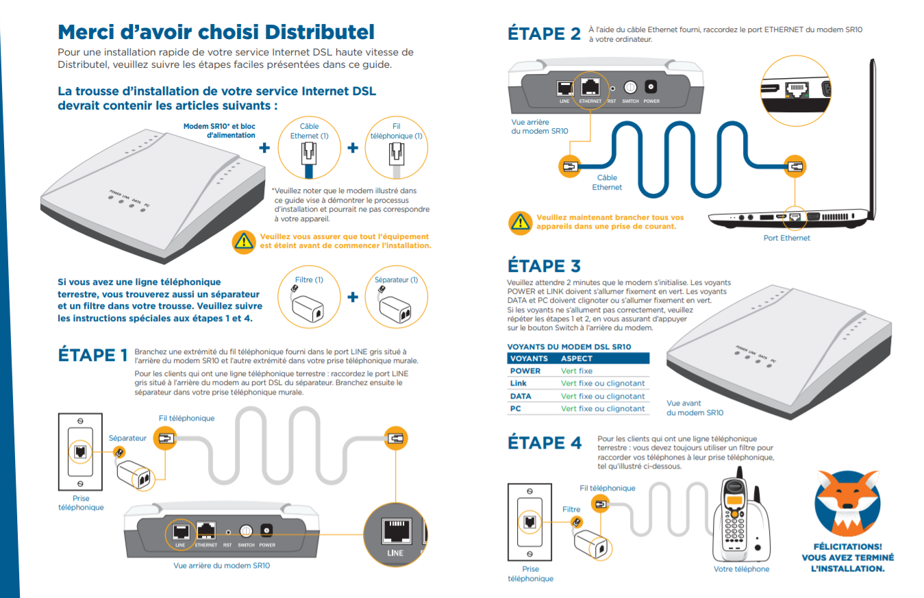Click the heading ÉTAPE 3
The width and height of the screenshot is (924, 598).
[x=545, y=266]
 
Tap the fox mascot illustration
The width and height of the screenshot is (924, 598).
[x=847, y=502]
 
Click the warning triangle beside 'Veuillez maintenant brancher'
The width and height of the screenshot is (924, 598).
[x=521, y=222]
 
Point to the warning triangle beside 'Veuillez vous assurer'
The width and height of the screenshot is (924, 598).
[x=243, y=240]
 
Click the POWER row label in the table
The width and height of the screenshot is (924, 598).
[x=525, y=371]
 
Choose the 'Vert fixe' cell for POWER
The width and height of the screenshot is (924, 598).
[x=576, y=371]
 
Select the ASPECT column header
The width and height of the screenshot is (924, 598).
[x=577, y=358]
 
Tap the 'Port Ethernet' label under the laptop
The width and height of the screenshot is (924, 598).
[x=786, y=238]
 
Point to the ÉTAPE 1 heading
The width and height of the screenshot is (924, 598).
[x=93, y=355]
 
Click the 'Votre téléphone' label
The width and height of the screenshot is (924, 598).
[x=741, y=569]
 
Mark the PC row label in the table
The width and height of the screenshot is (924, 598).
[x=515, y=408]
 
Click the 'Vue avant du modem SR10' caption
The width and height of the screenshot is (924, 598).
[x=695, y=408]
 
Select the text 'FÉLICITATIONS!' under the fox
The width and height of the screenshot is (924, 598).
[x=847, y=547]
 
